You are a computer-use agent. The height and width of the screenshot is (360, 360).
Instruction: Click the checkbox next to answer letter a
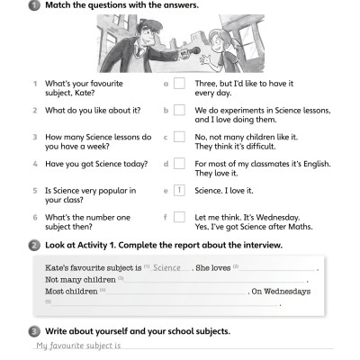179,85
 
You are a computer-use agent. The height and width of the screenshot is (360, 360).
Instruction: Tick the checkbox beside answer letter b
179,111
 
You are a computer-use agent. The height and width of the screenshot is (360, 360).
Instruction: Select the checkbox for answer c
179,138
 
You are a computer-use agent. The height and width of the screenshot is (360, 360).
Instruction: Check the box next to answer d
179,164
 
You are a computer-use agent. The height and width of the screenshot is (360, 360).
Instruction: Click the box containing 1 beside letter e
179,191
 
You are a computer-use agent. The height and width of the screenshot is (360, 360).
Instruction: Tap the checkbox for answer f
179,217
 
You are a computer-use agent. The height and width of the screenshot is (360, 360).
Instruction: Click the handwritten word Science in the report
167,268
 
